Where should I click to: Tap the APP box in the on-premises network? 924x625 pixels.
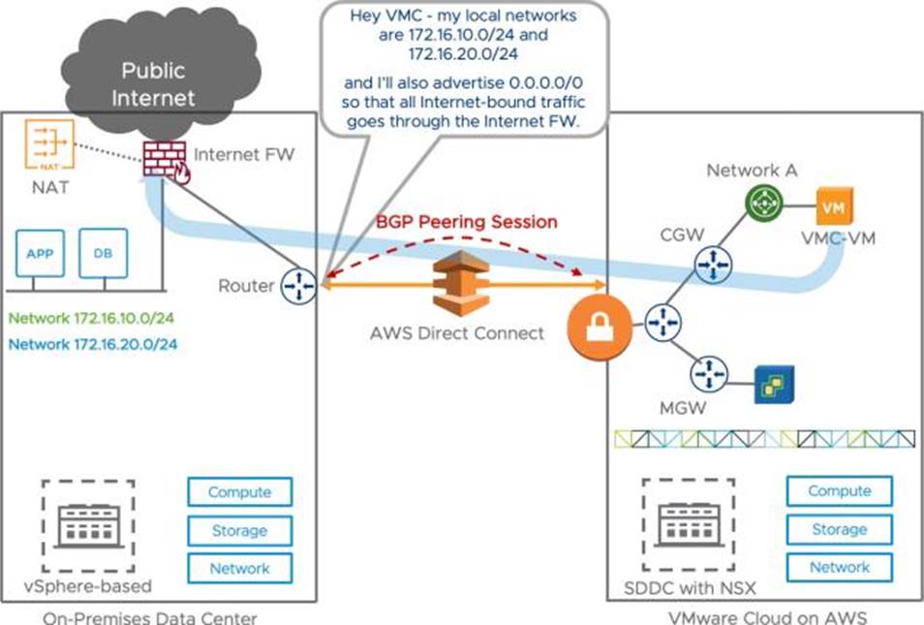tap(40, 253)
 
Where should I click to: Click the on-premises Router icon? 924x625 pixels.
tap(299, 287)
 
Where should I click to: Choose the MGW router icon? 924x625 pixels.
tap(709, 372)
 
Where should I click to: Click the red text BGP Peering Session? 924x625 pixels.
tap(467, 222)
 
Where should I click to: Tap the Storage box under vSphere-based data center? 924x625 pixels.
tap(238, 531)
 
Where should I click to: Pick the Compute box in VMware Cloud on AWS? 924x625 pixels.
tap(839, 491)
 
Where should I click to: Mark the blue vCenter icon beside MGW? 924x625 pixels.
tap(775, 385)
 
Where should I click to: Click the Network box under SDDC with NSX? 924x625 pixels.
tap(839, 568)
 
